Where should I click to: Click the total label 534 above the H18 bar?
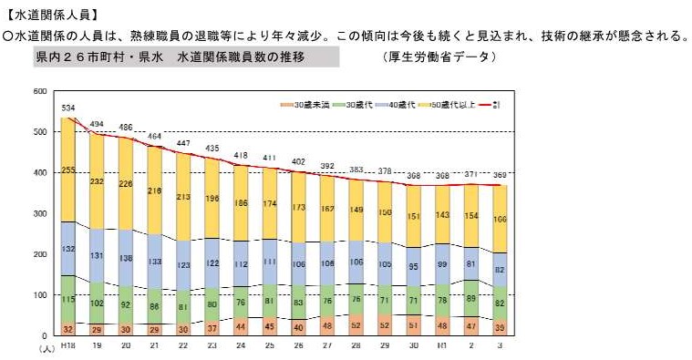[x=68, y=108]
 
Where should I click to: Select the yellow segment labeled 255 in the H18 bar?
[x=68, y=170]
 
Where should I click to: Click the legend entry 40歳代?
[x=401, y=105]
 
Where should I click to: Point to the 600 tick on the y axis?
[x=38, y=92]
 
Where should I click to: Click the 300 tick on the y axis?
[x=38, y=213]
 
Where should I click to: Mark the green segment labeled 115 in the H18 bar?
[x=68, y=299]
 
